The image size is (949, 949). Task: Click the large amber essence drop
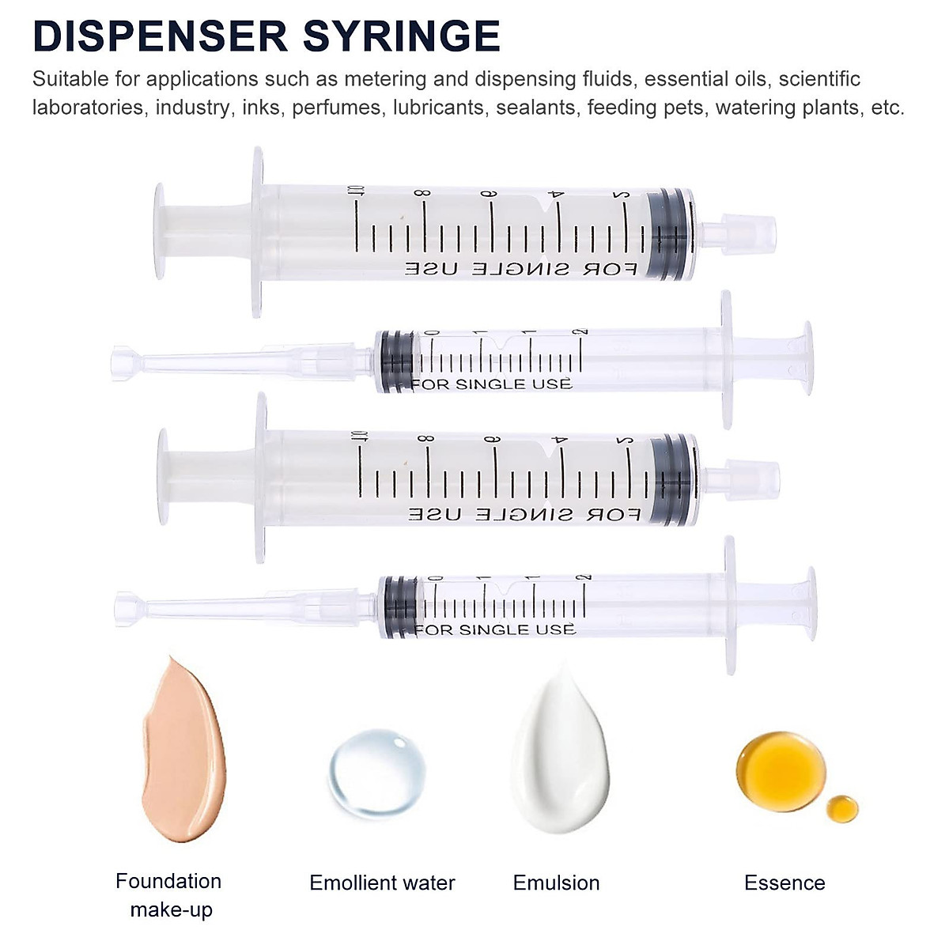pyautogui.click(x=781, y=767)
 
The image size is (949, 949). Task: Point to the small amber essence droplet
pyautogui.click(x=842, y=808)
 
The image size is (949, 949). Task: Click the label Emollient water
pyautogui.click(x=382, y=883)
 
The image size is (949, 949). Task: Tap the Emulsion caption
pyautogui.click(x=556, y=883)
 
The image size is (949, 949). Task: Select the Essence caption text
pyautogui.click(x=784, y=883)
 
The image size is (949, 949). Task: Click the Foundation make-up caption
pyautogui.click(x=169, y=895)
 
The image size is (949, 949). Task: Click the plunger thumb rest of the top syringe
pyautogui.click(x=160, y=232)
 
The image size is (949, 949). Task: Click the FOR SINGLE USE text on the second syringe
pyautogui.click(x=491, y=384)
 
